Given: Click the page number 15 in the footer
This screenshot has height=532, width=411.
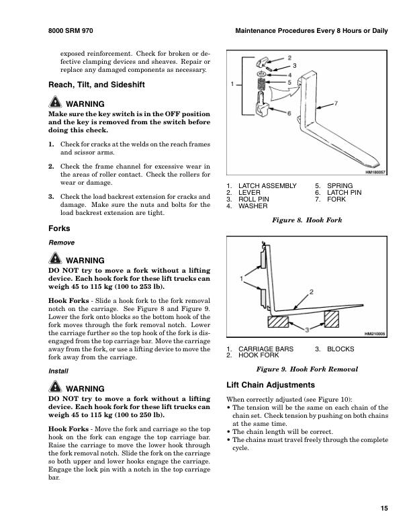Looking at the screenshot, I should tap(383, 508).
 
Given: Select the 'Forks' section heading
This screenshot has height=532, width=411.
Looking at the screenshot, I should tap(60, 228).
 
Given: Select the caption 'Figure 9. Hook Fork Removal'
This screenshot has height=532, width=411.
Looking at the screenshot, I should tap(306, 369).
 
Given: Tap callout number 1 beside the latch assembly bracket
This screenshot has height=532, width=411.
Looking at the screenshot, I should tap(232, 85).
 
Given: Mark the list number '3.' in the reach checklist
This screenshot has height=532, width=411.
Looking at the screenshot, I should tap(51, 197).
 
